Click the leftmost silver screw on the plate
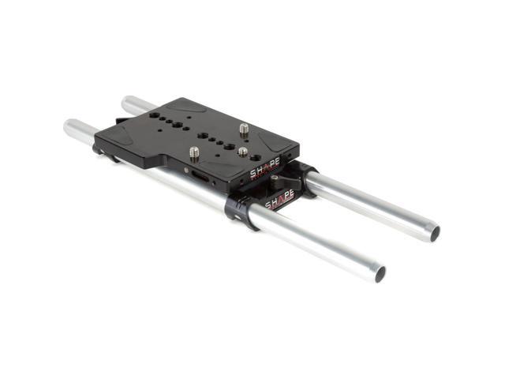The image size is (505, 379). pos(194,152)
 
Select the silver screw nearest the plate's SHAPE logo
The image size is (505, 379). pos(243,152)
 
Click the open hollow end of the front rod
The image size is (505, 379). pos(380,273)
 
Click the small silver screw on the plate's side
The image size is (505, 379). pos(186,169)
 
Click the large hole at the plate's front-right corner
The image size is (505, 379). pos(229,148)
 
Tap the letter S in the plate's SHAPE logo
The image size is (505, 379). pos(254,172)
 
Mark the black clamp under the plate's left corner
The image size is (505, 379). pos(101,148)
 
